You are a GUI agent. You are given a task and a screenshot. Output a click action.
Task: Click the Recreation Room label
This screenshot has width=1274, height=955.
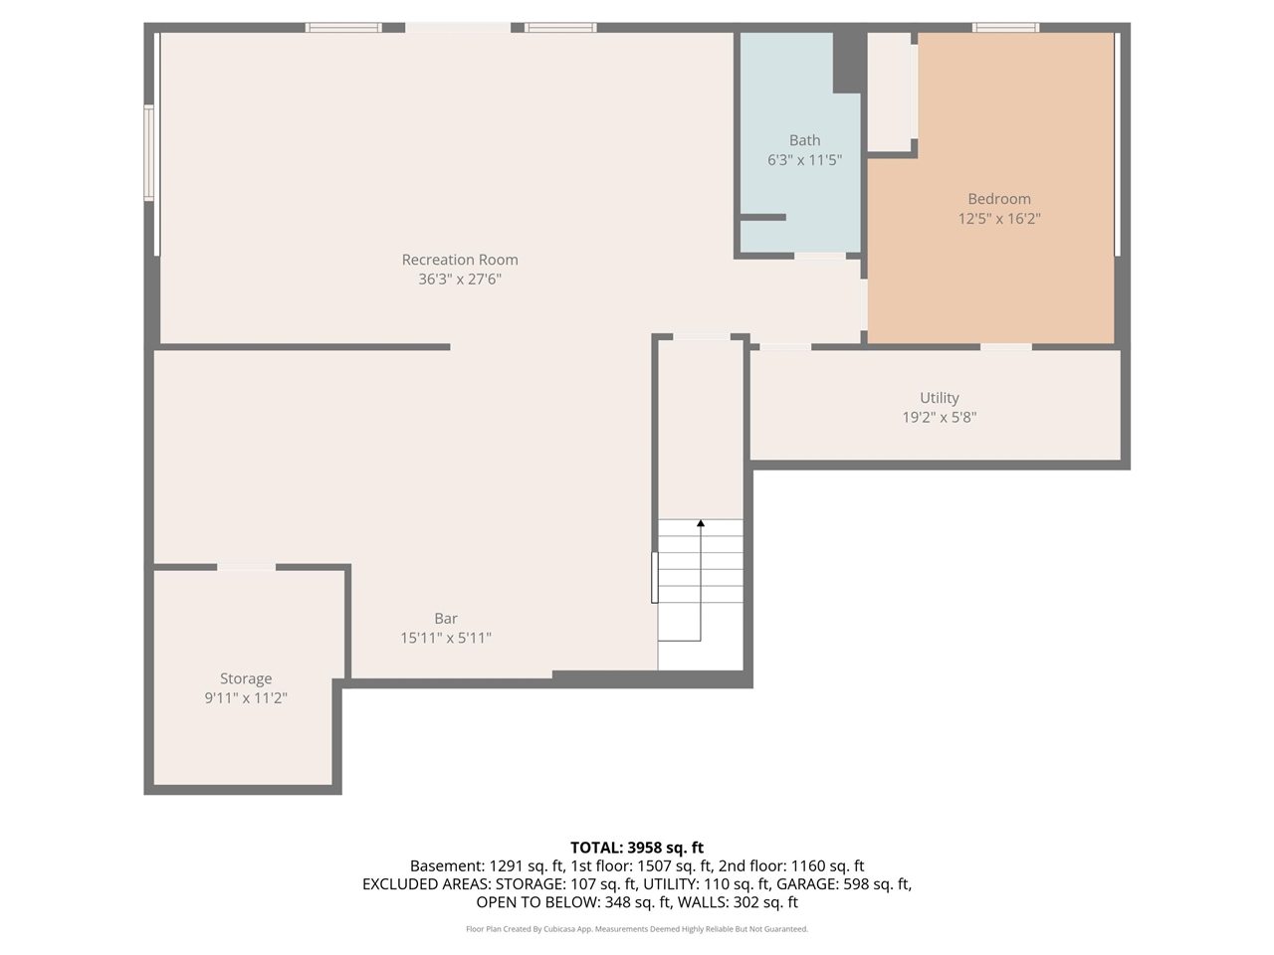pos(460,260)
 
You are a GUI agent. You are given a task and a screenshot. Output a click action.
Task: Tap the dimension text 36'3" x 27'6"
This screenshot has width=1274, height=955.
pos(460,280)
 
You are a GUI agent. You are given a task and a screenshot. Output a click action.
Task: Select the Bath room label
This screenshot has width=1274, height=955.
pos(804,140)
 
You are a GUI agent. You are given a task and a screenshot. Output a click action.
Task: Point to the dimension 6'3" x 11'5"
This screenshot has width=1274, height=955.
pos(804,160)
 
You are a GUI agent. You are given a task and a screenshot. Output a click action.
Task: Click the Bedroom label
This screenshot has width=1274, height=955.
pos(999,199)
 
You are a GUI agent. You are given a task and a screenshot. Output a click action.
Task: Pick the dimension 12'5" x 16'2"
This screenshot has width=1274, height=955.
pos(999,219)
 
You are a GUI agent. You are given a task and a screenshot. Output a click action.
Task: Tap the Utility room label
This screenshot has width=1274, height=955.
pos(939,398)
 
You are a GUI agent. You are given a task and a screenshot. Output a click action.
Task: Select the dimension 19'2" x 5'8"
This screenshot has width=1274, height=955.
pos(939,418)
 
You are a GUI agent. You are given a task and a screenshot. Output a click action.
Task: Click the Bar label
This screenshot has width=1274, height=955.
pos(446,619)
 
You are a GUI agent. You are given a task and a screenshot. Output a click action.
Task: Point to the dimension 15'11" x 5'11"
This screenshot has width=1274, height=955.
pos(446,639)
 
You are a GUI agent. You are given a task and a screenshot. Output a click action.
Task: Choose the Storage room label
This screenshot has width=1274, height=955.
pos(246,679)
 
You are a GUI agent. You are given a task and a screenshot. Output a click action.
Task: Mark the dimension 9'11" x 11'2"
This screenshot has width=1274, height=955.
pos(246,698)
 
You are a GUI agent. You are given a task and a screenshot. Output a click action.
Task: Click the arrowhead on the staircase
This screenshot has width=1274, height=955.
pos(701,523)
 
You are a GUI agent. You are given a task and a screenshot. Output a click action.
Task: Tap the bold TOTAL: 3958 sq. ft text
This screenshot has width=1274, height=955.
pos(637,848)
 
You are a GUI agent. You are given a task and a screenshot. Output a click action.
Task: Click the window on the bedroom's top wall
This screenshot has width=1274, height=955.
pos(1005,28)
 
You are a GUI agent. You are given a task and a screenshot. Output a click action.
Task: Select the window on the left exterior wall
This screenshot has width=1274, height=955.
pos(149,154)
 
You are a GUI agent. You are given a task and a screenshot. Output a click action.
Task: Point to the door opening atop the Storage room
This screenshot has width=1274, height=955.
pos(246,567)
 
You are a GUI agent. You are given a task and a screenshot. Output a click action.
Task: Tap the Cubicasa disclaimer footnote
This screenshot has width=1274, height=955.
pos(637,929)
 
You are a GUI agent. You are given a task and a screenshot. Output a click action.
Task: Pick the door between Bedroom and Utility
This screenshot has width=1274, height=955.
pos(1005,346)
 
